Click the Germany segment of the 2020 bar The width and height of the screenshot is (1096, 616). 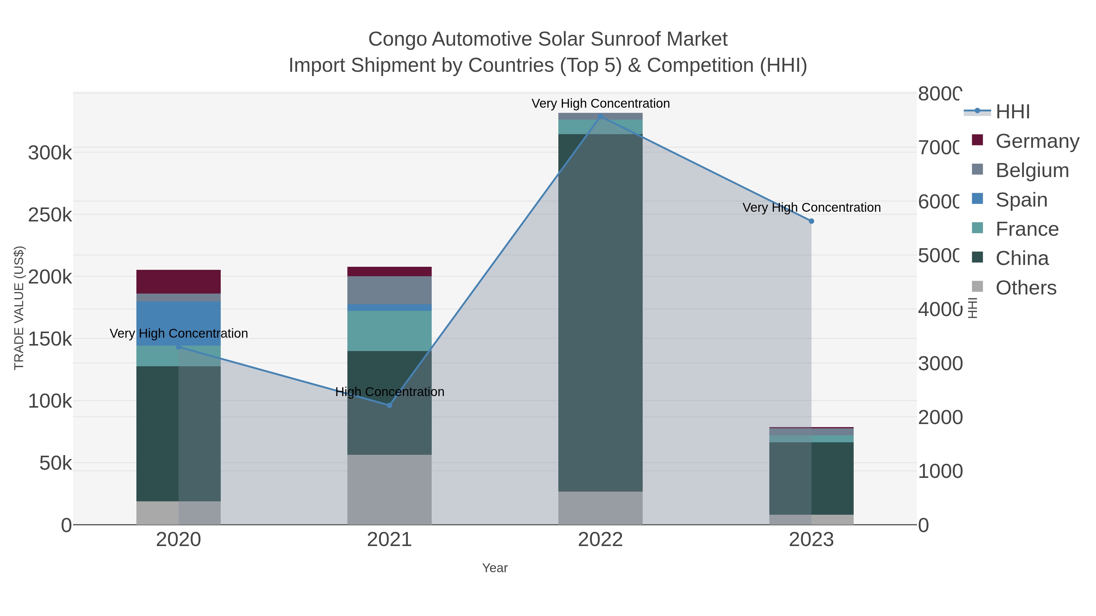(x=178, y=281)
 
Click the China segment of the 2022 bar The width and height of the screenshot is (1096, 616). (x=600, y=312)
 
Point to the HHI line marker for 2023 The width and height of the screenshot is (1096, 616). (x=811, y=221)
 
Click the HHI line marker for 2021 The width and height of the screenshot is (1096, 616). (x=389, y=405)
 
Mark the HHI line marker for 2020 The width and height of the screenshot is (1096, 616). (x=178, y=347)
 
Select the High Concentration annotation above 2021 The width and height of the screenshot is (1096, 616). (x=389, y=392)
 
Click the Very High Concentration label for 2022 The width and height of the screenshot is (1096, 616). (x=600, y=103)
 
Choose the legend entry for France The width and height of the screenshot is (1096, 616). (x=1027, y=229)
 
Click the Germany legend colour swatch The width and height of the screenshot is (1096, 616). (x=977, y=140)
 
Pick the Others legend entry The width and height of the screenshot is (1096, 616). (x=1026, y=288)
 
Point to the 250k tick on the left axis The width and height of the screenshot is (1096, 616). (x=50, y=215)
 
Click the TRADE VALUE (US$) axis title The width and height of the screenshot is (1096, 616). (x=19, y=308)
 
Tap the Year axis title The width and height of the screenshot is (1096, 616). (x=495, y=568)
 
